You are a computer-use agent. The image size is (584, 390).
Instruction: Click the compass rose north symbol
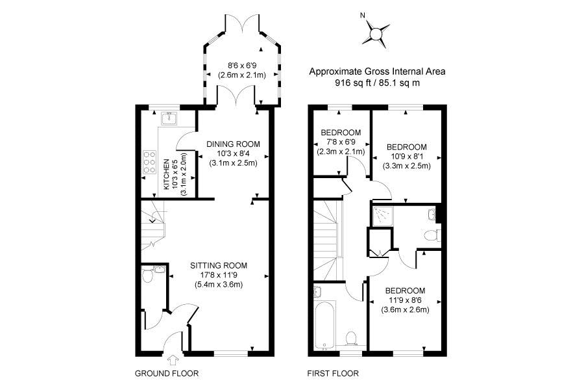coord(376,34)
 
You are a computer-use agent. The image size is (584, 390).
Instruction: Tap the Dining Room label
coord(233,144)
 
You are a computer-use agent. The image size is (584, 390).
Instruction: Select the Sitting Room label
coord(219,266)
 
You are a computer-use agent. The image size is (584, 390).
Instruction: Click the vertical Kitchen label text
coord(167,174)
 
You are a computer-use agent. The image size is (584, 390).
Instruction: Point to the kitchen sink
coord(169,118)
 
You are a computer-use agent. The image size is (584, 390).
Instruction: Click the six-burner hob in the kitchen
coord(149,162)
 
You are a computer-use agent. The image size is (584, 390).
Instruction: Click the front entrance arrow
coord(173,359)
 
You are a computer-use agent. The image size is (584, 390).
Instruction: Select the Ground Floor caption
coord(167,373)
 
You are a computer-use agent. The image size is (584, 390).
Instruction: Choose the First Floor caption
coord(333,373)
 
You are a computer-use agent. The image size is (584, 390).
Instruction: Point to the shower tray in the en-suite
coord(382,216)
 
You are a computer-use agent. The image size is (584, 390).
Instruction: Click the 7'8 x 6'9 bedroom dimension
coord(341,142)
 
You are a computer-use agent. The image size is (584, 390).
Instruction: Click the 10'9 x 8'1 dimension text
coord(407,157)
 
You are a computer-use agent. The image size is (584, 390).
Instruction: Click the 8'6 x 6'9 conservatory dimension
coord(242,66)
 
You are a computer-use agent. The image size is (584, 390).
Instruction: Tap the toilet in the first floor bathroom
coord(351,338)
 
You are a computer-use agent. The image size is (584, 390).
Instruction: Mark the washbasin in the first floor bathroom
coord(318,291)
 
